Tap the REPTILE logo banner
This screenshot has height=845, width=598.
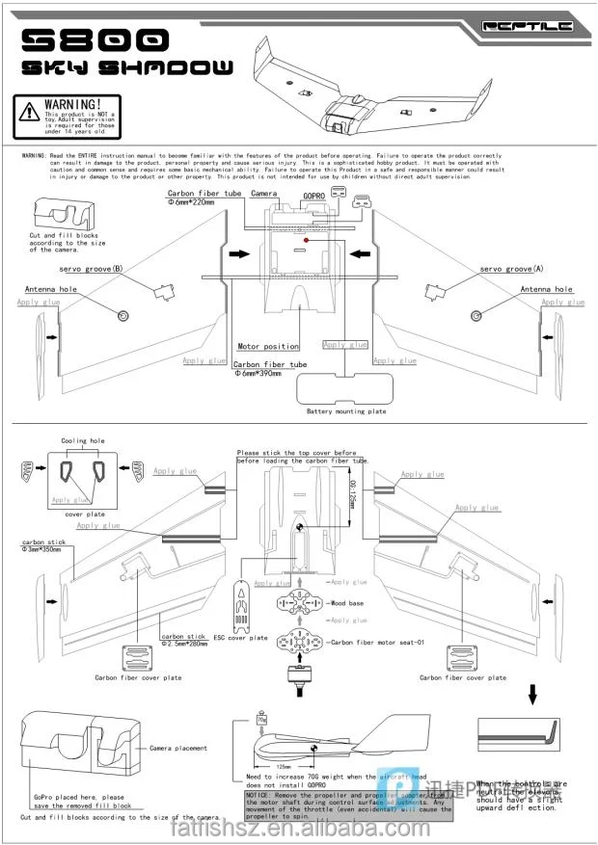527,26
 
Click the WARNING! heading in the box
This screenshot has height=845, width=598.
71,103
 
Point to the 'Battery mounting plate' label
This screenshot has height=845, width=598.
345,411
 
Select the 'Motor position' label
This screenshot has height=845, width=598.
268,346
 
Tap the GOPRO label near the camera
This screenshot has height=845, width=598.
315,194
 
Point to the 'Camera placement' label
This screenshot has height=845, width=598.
178,748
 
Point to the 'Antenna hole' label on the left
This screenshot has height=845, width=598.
50,289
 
